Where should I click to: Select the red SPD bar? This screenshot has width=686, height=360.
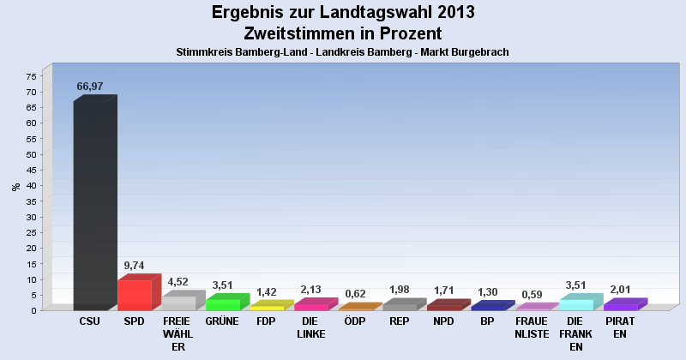(135, 294)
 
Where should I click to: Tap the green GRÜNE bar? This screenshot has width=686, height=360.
(223, 303)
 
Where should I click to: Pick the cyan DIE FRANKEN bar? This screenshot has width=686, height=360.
(576, 303)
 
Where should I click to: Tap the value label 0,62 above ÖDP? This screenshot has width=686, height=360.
(355, 294)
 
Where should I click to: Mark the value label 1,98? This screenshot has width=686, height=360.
(399, 290)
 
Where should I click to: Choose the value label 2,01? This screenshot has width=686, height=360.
(619, 290)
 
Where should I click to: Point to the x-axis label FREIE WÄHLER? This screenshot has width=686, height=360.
(178, 333)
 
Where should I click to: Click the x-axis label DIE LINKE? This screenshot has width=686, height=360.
(310, 327)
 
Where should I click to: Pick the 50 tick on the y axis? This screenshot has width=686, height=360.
(30, 154)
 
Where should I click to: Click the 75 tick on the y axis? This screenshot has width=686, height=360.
(30, 76)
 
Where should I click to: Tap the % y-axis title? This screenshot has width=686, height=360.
(15, 186)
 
